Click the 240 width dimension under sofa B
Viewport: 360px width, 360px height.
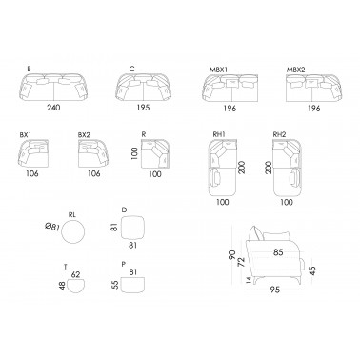[x=53, y=108]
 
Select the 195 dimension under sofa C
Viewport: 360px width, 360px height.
[x=143, y=108]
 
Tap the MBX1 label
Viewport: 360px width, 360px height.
[x=218, y=70]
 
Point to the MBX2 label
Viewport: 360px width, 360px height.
[x=296, y=70]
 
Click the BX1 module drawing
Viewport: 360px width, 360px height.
[x=33, y=153]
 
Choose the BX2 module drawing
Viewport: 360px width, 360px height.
[x=94, y=153]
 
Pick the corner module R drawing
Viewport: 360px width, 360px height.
[x=156, y=153]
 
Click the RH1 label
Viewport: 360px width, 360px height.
[x=219, y=134]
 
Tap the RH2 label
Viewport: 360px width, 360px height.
[x=279, y=134]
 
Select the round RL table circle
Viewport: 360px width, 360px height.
[x=73, y=232]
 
